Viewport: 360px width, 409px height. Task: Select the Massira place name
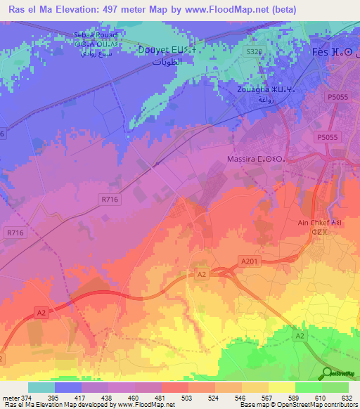[x=265, y=160]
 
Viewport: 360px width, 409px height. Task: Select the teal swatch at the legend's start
[x=41, y=387]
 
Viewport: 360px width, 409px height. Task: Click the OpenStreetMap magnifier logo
[x=327, y=372]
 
